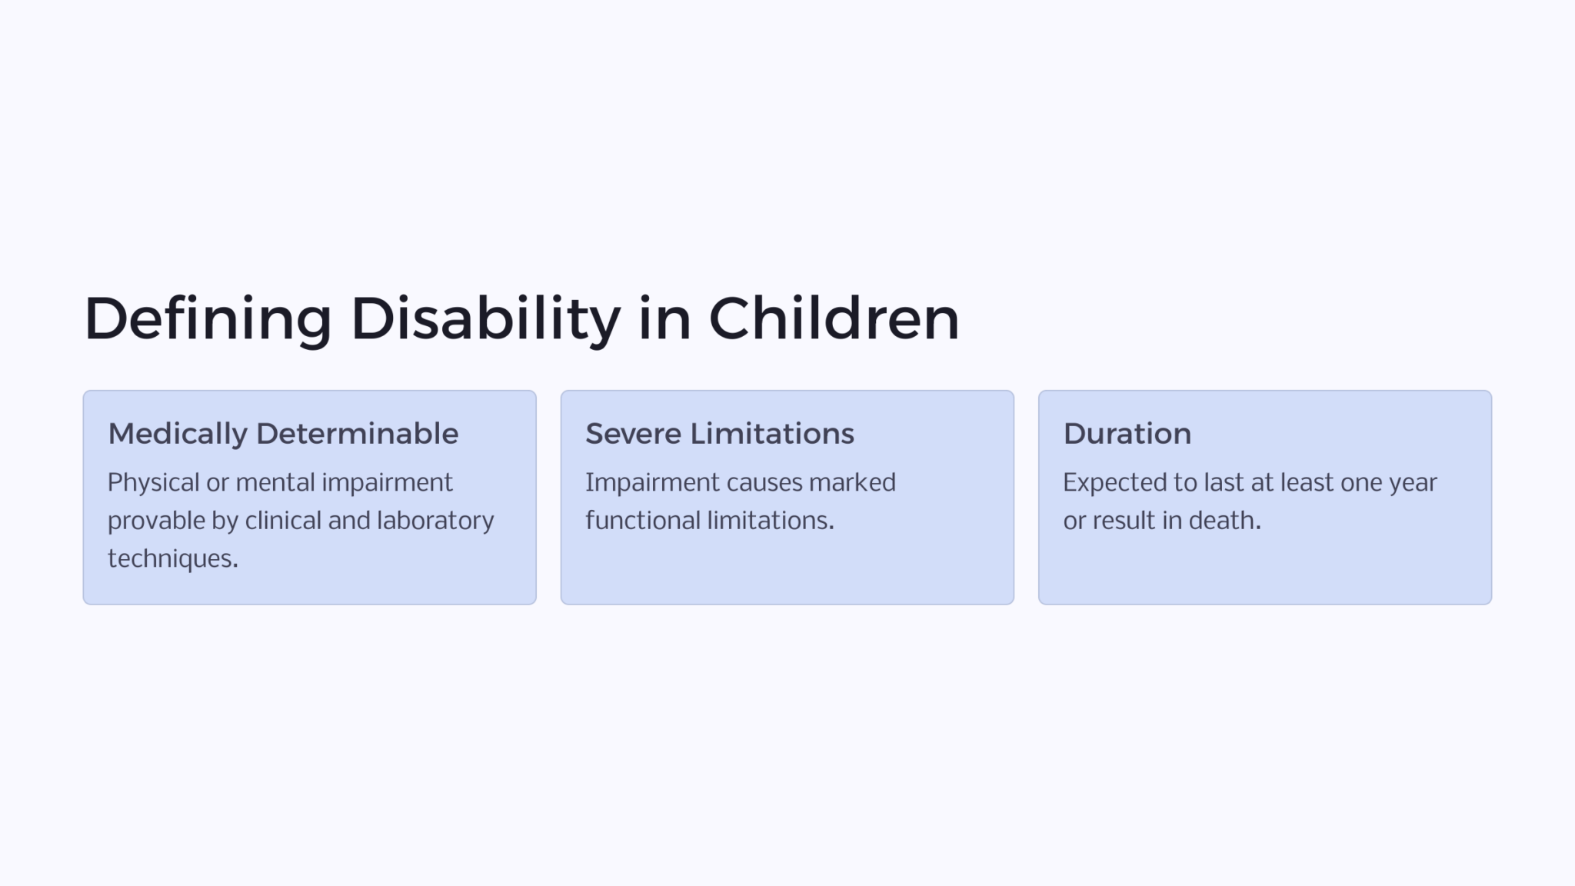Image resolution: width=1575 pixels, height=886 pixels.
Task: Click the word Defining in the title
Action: coord(208,319)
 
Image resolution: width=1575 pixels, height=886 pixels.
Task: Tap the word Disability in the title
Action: coord(485,319)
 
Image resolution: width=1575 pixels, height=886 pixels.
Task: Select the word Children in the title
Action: coord(834,319)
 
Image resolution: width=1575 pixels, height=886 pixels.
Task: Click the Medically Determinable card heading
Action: coord(283,434)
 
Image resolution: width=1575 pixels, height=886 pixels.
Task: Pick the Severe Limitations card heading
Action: coord(719,434)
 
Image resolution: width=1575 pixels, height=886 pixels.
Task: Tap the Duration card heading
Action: coord(1127,434)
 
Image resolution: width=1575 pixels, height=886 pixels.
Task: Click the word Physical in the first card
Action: coord(153,483)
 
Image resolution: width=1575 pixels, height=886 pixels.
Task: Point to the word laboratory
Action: coord(435,521)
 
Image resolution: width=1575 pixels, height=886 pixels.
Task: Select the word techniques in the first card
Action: coord(171,558)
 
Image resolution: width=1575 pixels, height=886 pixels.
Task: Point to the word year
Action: coord(1413,483)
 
